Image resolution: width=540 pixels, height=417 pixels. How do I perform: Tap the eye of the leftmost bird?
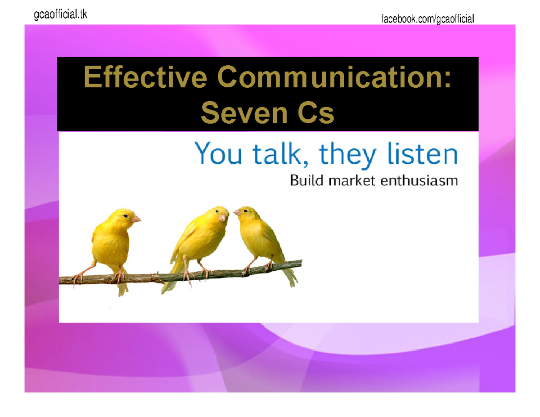tap(126, 216)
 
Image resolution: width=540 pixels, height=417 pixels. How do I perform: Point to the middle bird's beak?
tap(223, 218)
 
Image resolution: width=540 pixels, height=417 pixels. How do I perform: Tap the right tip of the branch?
tap(300, 260)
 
